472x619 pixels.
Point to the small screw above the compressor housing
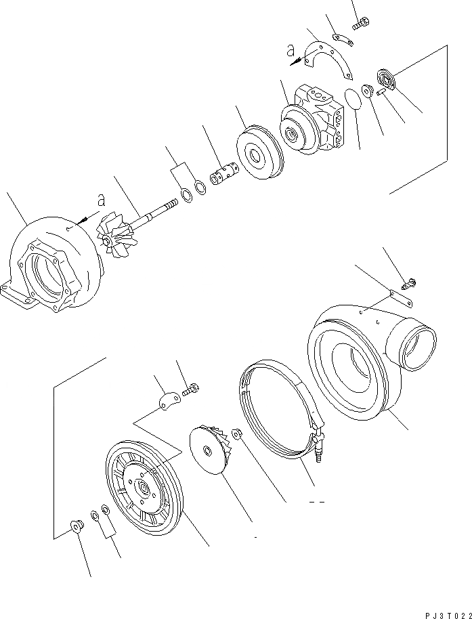pos(410,284)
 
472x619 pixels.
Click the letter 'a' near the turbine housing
pos(102,200)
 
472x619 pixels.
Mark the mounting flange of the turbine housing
pos(20,298)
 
